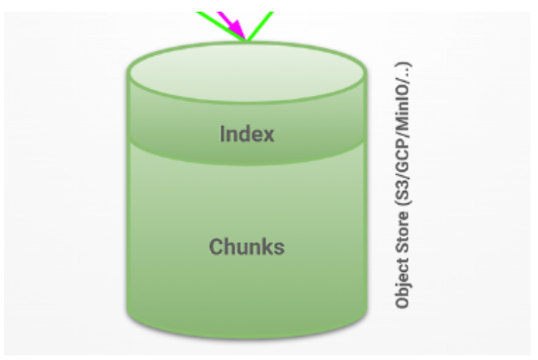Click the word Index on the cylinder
tap(246, 134)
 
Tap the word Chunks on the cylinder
tap(246, 246)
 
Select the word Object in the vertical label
tap(402, 288)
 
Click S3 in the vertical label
tap(402, 204)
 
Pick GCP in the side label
tap(402, 173)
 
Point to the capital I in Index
tap(222, 134)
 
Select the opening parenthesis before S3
tap(402, 217)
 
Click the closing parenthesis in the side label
tap(402, 65)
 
